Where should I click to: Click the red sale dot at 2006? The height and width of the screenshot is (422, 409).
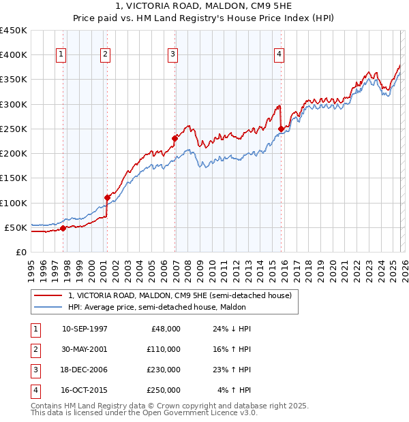[x=175, y=138]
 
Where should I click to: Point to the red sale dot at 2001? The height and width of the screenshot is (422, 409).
[x=108, y=197]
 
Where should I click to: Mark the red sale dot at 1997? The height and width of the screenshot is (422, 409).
[x=63, y=228]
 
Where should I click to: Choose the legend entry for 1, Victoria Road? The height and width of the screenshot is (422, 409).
[x=180, y=295]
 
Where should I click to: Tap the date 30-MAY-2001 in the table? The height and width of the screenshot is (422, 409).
[x=85, y=348]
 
